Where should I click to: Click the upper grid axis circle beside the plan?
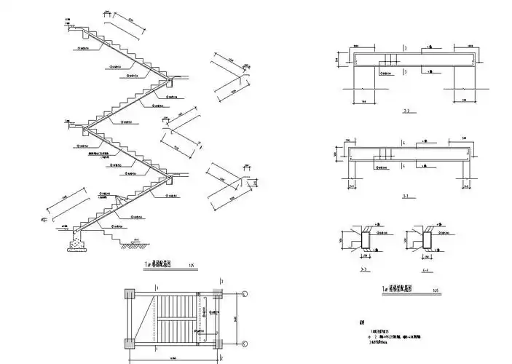(x=245, y=293)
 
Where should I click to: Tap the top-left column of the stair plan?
(x=129, y=294)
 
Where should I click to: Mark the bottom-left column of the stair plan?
(x=129, y=344)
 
